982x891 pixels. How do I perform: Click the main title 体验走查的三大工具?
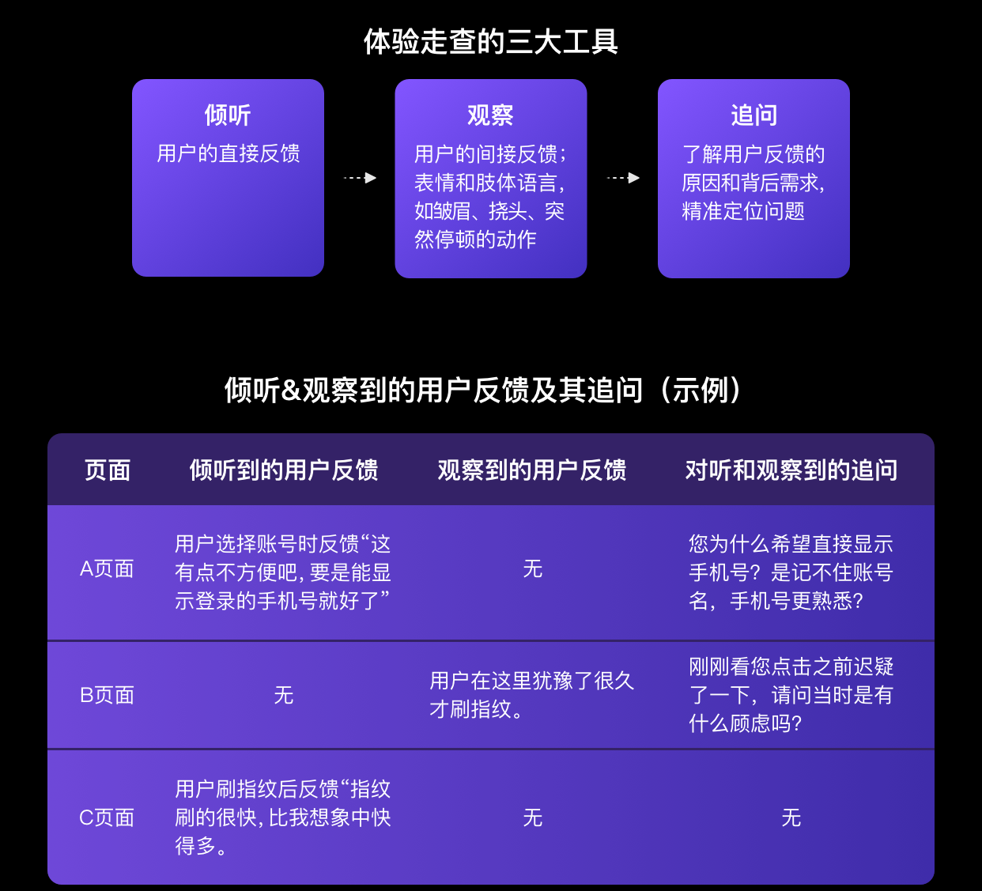coord(490,42)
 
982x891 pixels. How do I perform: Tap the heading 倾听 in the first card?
coord(228,115)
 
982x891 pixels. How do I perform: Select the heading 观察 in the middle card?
coord(490,115)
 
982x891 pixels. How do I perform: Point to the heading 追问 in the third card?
coord(753,115)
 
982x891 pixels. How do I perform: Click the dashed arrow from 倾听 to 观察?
coord(360,178)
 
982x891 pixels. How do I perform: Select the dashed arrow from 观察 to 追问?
coord(623,178)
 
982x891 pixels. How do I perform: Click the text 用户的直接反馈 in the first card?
coord(229,153)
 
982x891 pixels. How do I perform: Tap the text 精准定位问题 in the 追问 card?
coord(743,211)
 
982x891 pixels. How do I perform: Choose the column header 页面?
coord(108,470)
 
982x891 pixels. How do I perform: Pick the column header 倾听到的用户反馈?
coord(284,470)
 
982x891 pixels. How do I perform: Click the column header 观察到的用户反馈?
coord(532,470)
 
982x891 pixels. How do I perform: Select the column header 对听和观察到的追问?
coord(791,470)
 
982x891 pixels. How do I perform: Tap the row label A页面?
coord(107,569)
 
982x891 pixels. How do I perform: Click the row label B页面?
coord(107,695)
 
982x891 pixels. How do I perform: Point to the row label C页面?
coord(107,817)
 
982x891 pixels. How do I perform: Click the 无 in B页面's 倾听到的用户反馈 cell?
coord(284,695)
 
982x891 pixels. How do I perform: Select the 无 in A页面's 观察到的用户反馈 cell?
coord(533,569)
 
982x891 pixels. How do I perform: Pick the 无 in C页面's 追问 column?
coord(791,817)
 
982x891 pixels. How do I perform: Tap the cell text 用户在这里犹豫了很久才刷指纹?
coord(531,695)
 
